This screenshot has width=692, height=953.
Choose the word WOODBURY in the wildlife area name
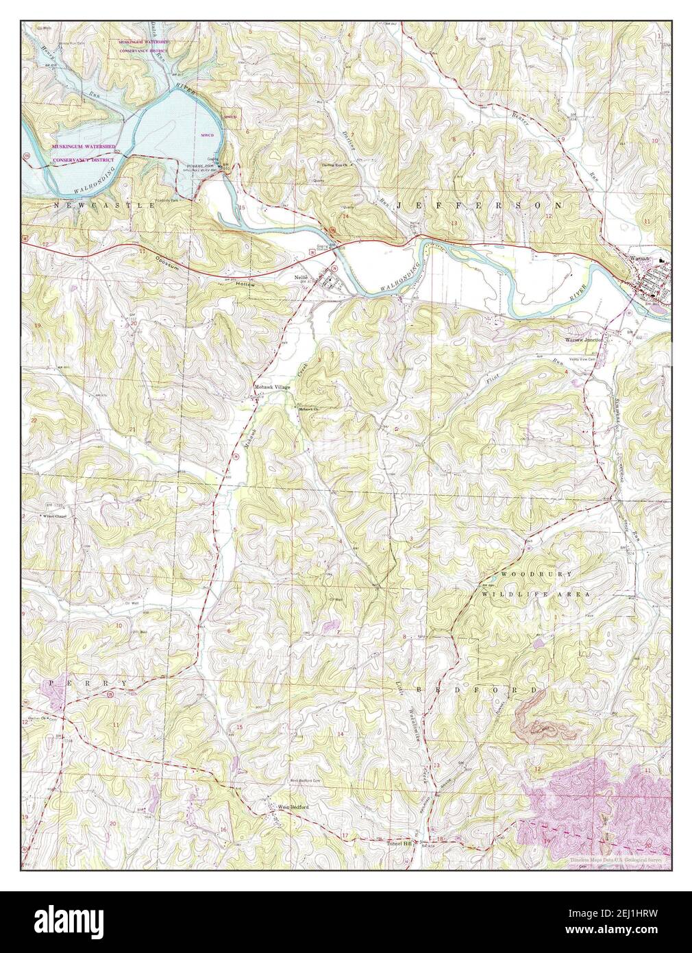[530, 573]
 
